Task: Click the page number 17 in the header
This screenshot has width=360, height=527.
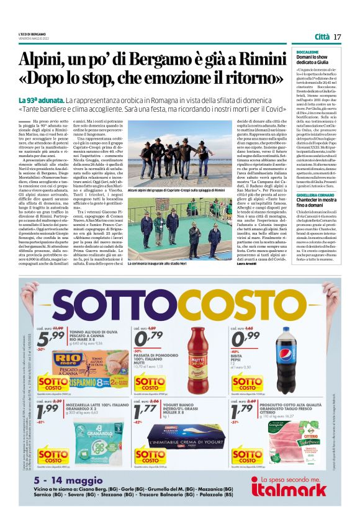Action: point(337,37)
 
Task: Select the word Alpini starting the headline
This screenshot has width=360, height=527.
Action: point(42,60)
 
